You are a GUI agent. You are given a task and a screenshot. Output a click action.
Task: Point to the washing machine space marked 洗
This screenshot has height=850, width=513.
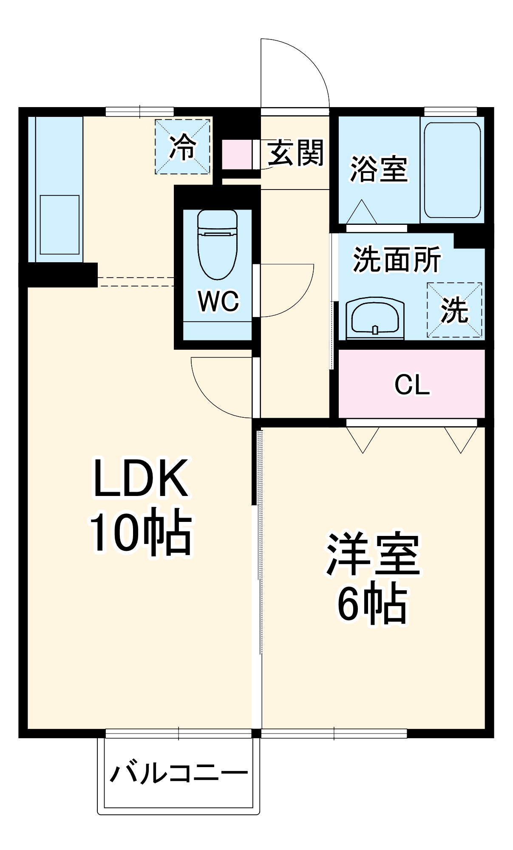454,310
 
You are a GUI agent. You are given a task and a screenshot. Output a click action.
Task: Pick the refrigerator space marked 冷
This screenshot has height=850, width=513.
182,147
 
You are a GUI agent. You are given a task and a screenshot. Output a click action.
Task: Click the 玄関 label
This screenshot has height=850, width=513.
296,153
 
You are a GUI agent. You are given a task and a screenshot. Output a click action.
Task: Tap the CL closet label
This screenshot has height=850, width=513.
412,385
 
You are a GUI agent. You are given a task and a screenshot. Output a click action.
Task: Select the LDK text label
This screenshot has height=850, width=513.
141,478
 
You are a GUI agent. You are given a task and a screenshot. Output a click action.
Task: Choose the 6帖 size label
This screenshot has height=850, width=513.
373,603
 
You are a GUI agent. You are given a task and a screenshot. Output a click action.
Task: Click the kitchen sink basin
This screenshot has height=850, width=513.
60,224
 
